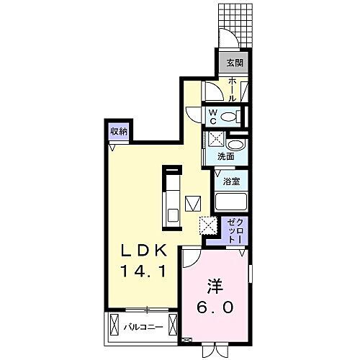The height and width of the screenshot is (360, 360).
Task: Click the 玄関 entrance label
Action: click(x=235, y=63)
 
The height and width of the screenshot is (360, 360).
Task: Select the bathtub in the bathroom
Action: click(x=231, y=202)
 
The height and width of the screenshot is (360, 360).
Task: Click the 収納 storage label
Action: click(x=120, y=131)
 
